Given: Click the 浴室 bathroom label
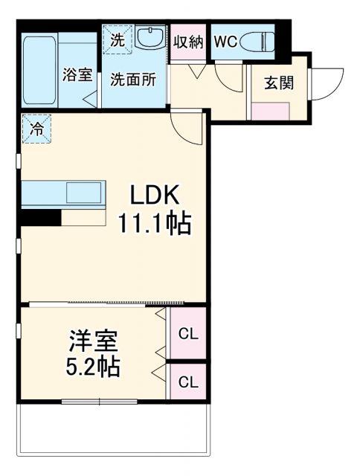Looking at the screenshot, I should [x=77, y=75].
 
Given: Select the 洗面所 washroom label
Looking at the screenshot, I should [x=133, y=79].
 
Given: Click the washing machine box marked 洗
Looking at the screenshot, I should [x=118, y=42].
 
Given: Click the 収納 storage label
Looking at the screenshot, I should [x=189, y=42].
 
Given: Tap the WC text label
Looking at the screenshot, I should [x=225, y=42].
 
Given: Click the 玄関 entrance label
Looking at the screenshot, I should [x=277, y=82].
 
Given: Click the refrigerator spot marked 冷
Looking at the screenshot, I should [x=36, y=127].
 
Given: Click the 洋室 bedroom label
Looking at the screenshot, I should [x=93, y=341].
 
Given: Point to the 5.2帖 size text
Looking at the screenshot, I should [x=94, y=366].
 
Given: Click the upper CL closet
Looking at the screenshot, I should [x=188, y=334].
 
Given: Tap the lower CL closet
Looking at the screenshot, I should [x=188, y=383].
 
